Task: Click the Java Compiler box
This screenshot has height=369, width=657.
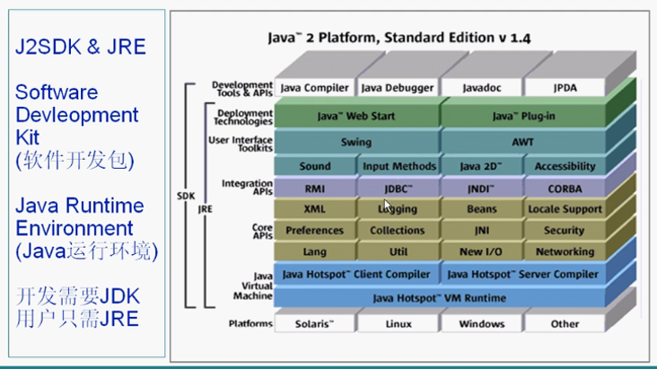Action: [x=314, y=88]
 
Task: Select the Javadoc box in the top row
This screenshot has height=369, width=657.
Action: [x=481, y=88]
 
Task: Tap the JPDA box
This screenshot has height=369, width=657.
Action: [x=565, y=88]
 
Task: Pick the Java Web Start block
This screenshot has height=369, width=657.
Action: [x=355, y=117]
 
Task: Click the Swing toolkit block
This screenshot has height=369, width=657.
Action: [x=355, y=142]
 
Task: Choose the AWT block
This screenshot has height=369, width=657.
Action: [x=522, y=142]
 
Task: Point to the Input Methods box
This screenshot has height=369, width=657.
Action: [x=399, y=166]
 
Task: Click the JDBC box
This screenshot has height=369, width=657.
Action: [x=399, y=189]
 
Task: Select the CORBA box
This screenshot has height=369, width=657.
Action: [x=565, y=189]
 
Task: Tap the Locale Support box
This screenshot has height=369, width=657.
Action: [x=565, y=209]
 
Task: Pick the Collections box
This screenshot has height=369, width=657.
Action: [x=399, y=231]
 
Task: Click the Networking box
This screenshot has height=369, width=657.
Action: [x=565, y=252]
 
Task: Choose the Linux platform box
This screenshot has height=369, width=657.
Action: [x=399, y=323]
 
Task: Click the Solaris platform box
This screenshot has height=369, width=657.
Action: [x=314, y=323]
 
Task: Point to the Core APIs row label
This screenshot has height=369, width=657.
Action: [x=261, y=231]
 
